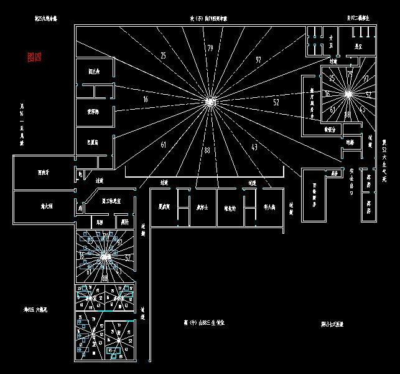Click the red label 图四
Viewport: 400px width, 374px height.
34,57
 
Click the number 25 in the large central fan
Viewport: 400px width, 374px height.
163,56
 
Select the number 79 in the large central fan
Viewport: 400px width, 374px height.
210,48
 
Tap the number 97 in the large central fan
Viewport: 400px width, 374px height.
258,60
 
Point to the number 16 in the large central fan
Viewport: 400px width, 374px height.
145,99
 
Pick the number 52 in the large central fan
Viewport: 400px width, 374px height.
276,101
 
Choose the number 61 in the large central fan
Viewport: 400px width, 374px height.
164,145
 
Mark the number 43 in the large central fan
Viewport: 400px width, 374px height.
254,146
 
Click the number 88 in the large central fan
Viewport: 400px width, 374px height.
207,150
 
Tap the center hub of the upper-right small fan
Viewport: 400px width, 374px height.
348,94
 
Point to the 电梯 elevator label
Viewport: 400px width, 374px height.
350,143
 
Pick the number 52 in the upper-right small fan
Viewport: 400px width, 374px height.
368,95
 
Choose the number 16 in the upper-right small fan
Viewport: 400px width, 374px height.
328,93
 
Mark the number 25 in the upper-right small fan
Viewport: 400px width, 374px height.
332,78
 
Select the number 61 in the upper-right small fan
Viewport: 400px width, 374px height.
333,110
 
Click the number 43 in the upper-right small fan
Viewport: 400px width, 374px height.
363,110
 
